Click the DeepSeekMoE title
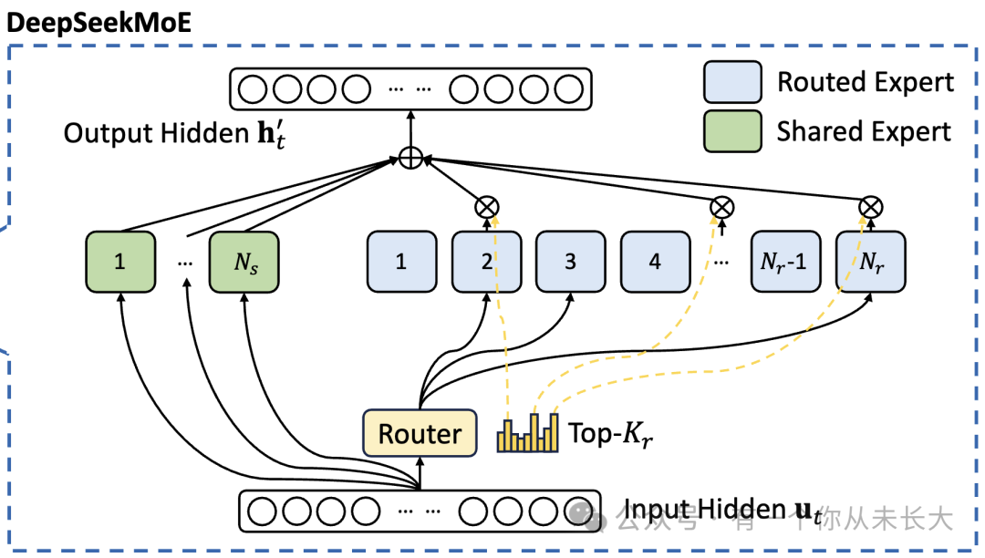click(99, 22)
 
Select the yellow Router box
click(420, 434)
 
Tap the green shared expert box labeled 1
click(119, 263)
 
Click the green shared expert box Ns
click(244, 263)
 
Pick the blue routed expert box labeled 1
click(400, 263)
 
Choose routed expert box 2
click(486, 263)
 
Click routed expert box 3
click(570, 263)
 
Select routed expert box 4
click(655, 263)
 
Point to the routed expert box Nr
click(871, 263)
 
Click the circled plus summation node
click(411, 158)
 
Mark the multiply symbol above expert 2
click(487, 207)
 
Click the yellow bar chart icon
click(526, 433)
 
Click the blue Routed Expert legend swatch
click(732, 82)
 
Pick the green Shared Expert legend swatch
click(732, 130)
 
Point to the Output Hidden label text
click(154, 134)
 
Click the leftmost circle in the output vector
click(253, 89)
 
